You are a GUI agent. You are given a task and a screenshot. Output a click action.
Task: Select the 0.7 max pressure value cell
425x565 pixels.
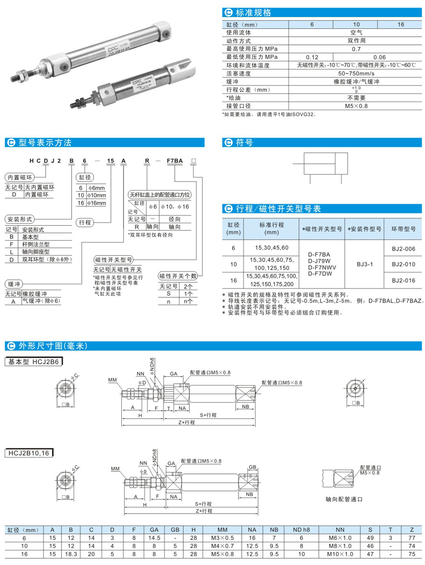pos(357,49)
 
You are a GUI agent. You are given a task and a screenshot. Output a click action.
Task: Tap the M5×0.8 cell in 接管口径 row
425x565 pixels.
pos(357,106)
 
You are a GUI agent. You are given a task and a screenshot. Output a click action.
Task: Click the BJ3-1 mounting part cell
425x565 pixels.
pos(365,264)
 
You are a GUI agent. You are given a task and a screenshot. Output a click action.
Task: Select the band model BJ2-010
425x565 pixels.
pos(403,264)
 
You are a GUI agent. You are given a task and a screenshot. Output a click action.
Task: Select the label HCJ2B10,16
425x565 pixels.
pos(29,454)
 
